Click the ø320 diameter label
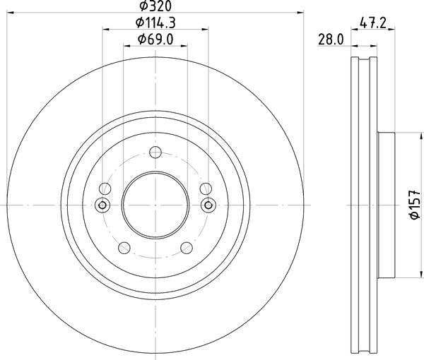coord(155,6)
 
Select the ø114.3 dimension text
coord(155,23)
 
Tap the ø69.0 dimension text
coord(155,40)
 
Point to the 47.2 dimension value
coord(373,23)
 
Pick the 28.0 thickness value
coord(331,40)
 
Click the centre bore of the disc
coord(155,205)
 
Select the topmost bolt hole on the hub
coord(155,152)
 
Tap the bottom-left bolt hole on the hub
coord(124,248)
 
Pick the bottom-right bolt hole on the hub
coord(187,248)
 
